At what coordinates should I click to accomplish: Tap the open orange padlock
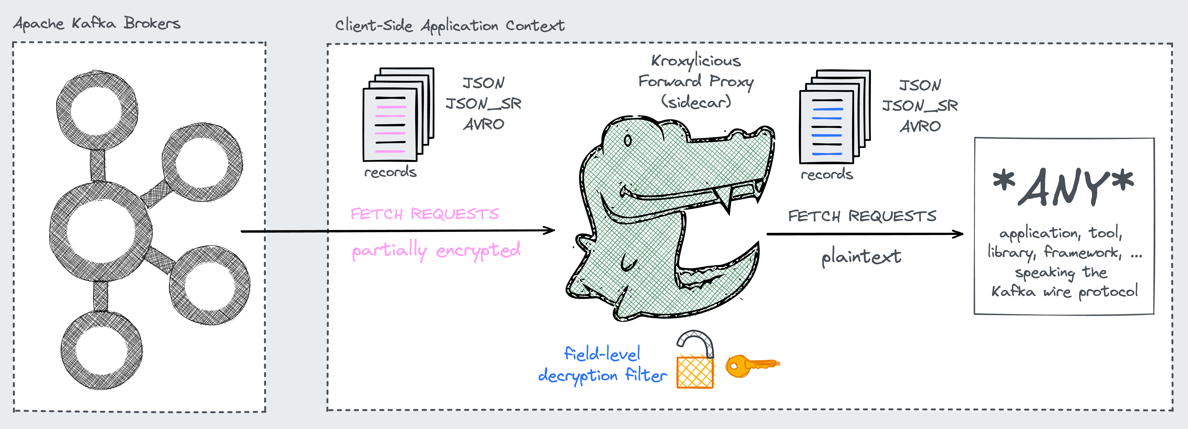(x=695, y=362)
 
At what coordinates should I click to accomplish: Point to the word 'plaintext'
(x=861, y=256)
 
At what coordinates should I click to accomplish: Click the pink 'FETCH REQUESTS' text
(x=424, y=214)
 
